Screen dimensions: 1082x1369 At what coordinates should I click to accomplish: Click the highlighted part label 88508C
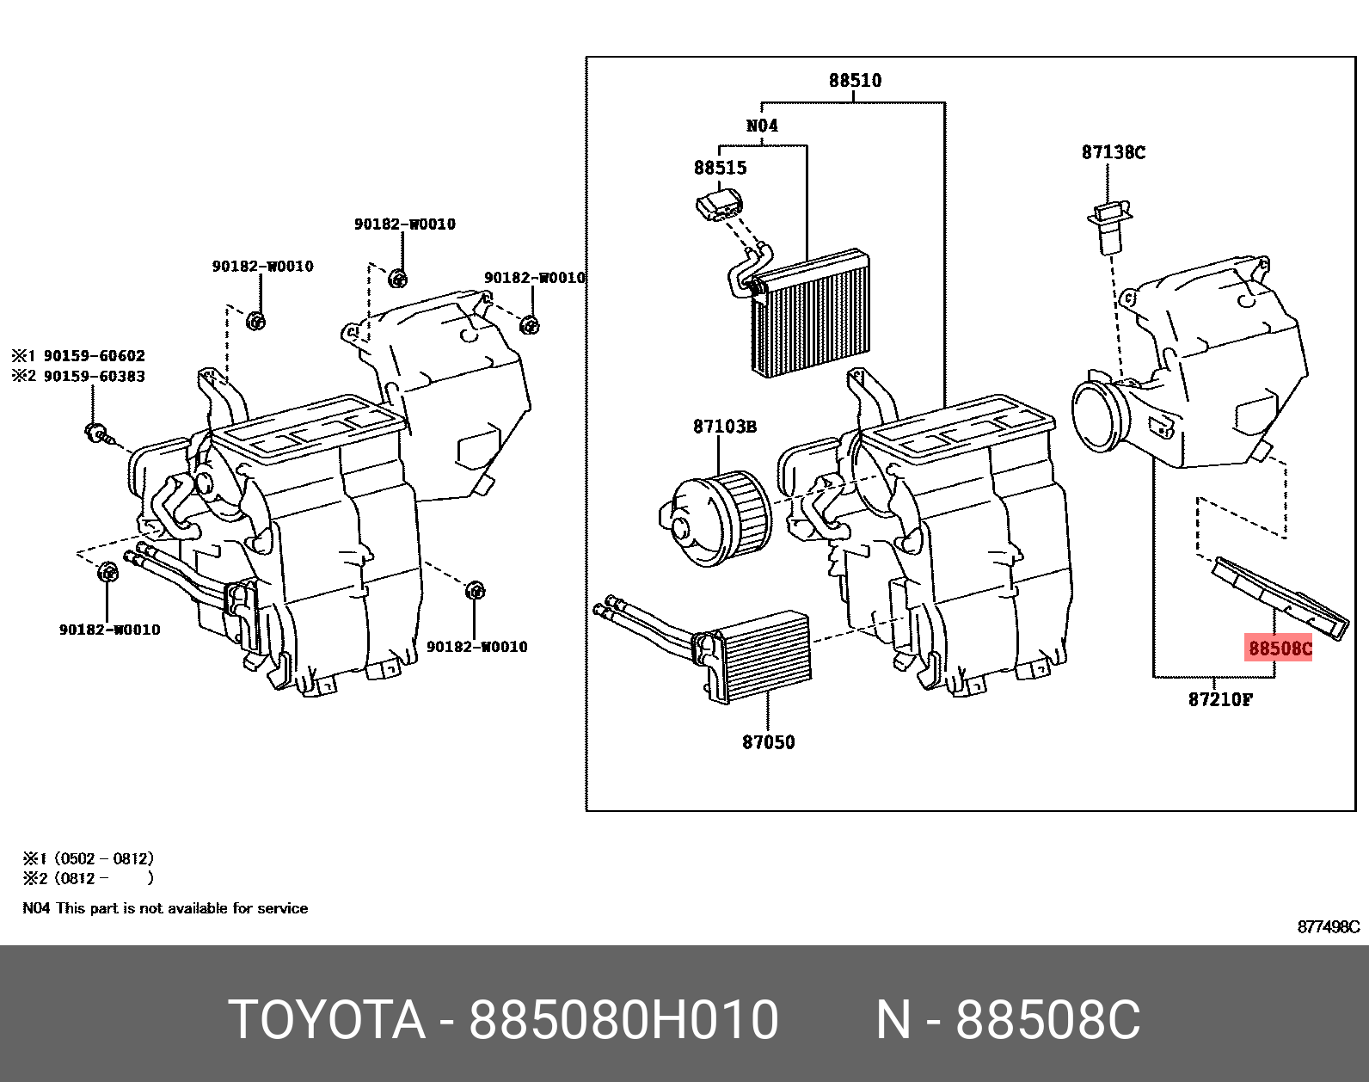[x=1280, y=649]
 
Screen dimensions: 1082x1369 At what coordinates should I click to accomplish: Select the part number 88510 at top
[x=855, y=80]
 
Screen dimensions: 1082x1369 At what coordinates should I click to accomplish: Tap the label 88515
[x=720, y=168]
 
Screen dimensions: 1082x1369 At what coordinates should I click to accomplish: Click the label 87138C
[x=1113, y=152]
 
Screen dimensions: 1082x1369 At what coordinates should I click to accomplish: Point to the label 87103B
[x=724, y=427]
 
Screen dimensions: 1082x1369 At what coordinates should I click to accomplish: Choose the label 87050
[x=768, y=742]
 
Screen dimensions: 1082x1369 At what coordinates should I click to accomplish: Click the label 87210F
[x=1220, y=699]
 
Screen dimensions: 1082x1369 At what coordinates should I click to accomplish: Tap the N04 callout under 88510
[x=762, y=126]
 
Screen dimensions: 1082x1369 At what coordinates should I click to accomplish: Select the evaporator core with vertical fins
[x=813, y=314]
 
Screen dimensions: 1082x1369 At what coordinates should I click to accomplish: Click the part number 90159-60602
[x=94, y=356]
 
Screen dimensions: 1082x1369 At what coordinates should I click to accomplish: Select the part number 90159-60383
[x=94, y=377]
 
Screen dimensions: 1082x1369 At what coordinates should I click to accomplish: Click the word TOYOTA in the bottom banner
[x=327, y=1020]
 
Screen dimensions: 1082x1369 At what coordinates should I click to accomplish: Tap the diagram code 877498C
[x=1328, y=927]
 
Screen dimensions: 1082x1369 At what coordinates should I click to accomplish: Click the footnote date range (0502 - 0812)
[x=103, y=858]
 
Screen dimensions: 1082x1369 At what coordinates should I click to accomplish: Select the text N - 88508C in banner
[x=1008, y=1020]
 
